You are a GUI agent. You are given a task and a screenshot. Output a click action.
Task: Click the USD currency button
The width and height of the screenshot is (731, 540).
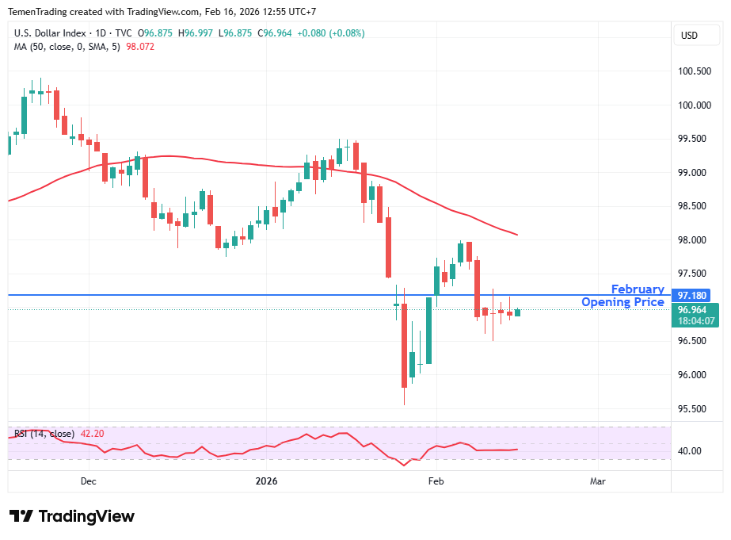coord(689,35)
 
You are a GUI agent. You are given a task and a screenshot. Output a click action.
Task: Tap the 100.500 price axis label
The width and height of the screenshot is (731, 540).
coord(695,71)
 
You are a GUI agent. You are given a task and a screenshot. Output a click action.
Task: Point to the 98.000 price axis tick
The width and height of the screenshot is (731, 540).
coord(695,240)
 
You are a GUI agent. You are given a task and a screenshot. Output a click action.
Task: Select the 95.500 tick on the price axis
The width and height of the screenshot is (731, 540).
coord(695,409)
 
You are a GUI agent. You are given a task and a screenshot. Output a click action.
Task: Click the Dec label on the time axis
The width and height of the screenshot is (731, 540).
coord(88,481)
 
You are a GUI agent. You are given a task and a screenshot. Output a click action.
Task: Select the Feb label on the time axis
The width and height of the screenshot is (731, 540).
coord(436,481)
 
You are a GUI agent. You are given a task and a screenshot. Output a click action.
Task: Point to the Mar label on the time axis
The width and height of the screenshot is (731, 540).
coord(598,481)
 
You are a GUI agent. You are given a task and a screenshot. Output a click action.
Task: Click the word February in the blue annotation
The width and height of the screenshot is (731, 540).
coord(638,289)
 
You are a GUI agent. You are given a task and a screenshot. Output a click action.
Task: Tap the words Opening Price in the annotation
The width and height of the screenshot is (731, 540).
coord(622,302)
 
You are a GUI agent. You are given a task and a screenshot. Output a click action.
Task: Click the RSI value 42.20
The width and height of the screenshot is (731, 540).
coord(90,434)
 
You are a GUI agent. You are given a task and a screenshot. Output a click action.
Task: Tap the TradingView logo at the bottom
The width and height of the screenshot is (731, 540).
coord(72,516)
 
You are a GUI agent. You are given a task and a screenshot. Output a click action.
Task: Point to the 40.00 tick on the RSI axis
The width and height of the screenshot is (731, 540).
coord(691,451)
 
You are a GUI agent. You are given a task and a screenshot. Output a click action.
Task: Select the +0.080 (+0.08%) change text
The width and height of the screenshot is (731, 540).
coord(331,33)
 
